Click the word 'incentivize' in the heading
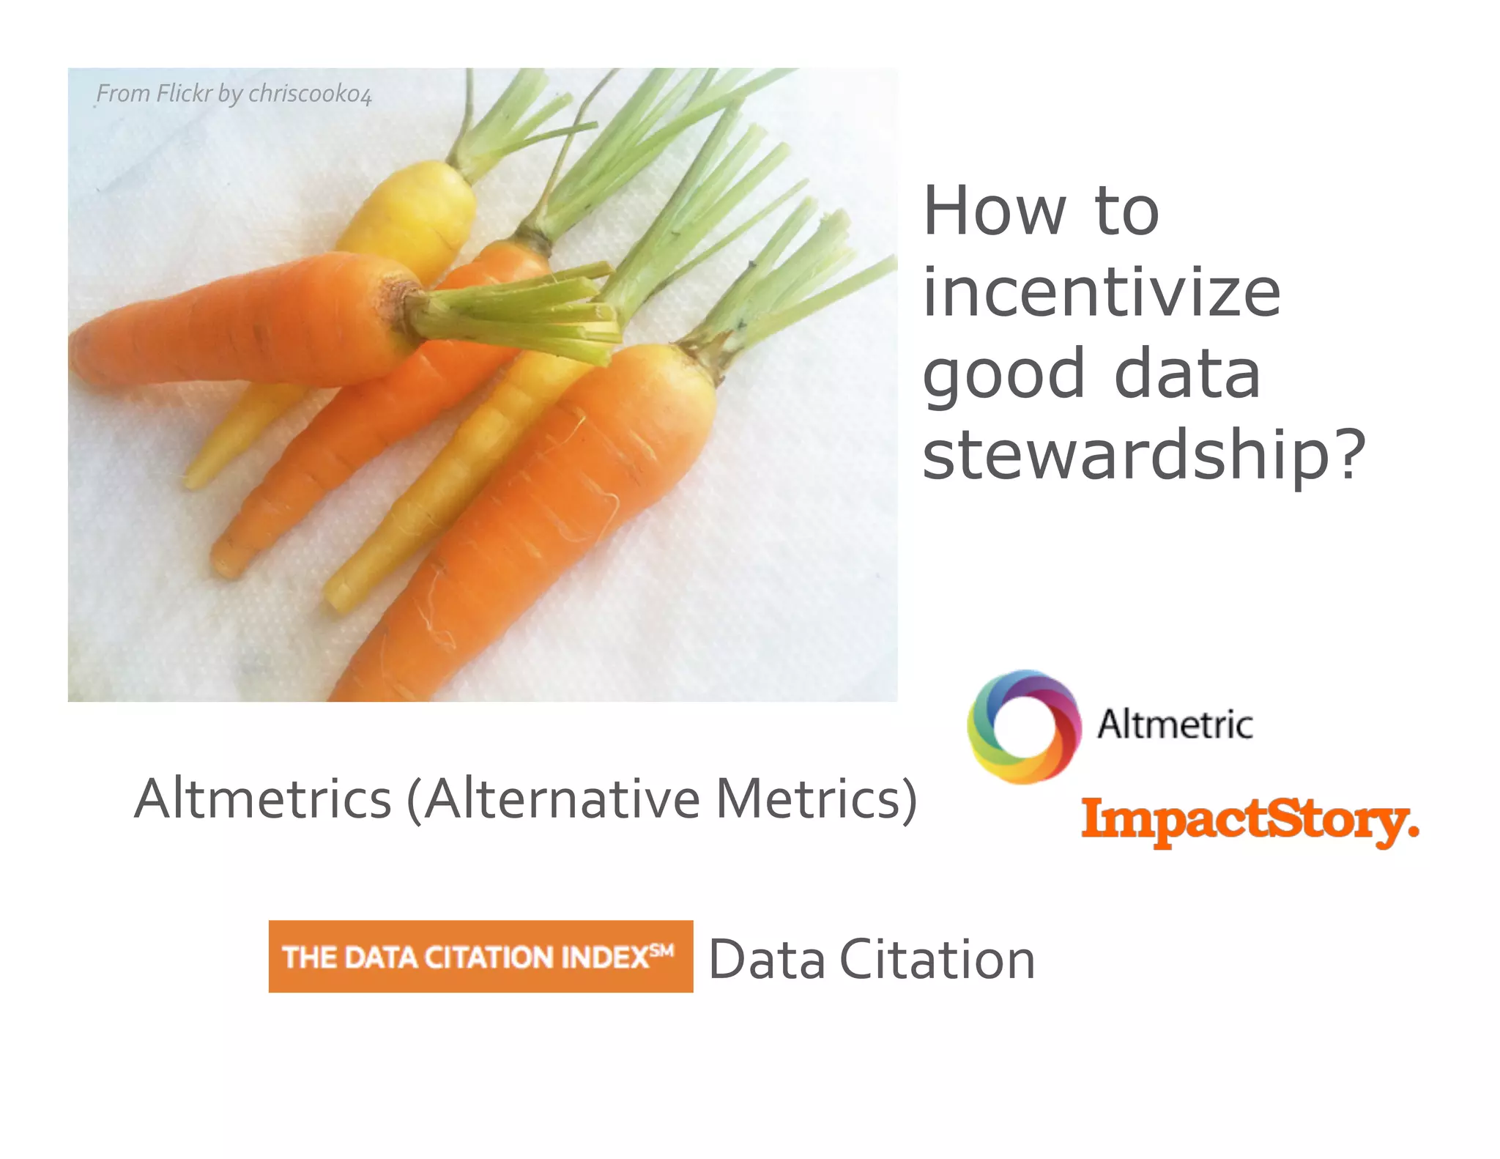(1102, 293)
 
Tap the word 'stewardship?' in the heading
(1144, 454)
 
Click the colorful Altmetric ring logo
(1024, 726)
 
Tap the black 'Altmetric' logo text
(1175, 725)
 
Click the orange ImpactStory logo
(1249, 822)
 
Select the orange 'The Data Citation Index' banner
(480, 956)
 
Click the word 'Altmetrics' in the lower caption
(264, 799)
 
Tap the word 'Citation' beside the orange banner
(937, 960)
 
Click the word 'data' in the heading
(1187, 374)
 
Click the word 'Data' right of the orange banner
(767, 960)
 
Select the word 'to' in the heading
(1126, 212)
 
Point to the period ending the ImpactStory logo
(1413, 833)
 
